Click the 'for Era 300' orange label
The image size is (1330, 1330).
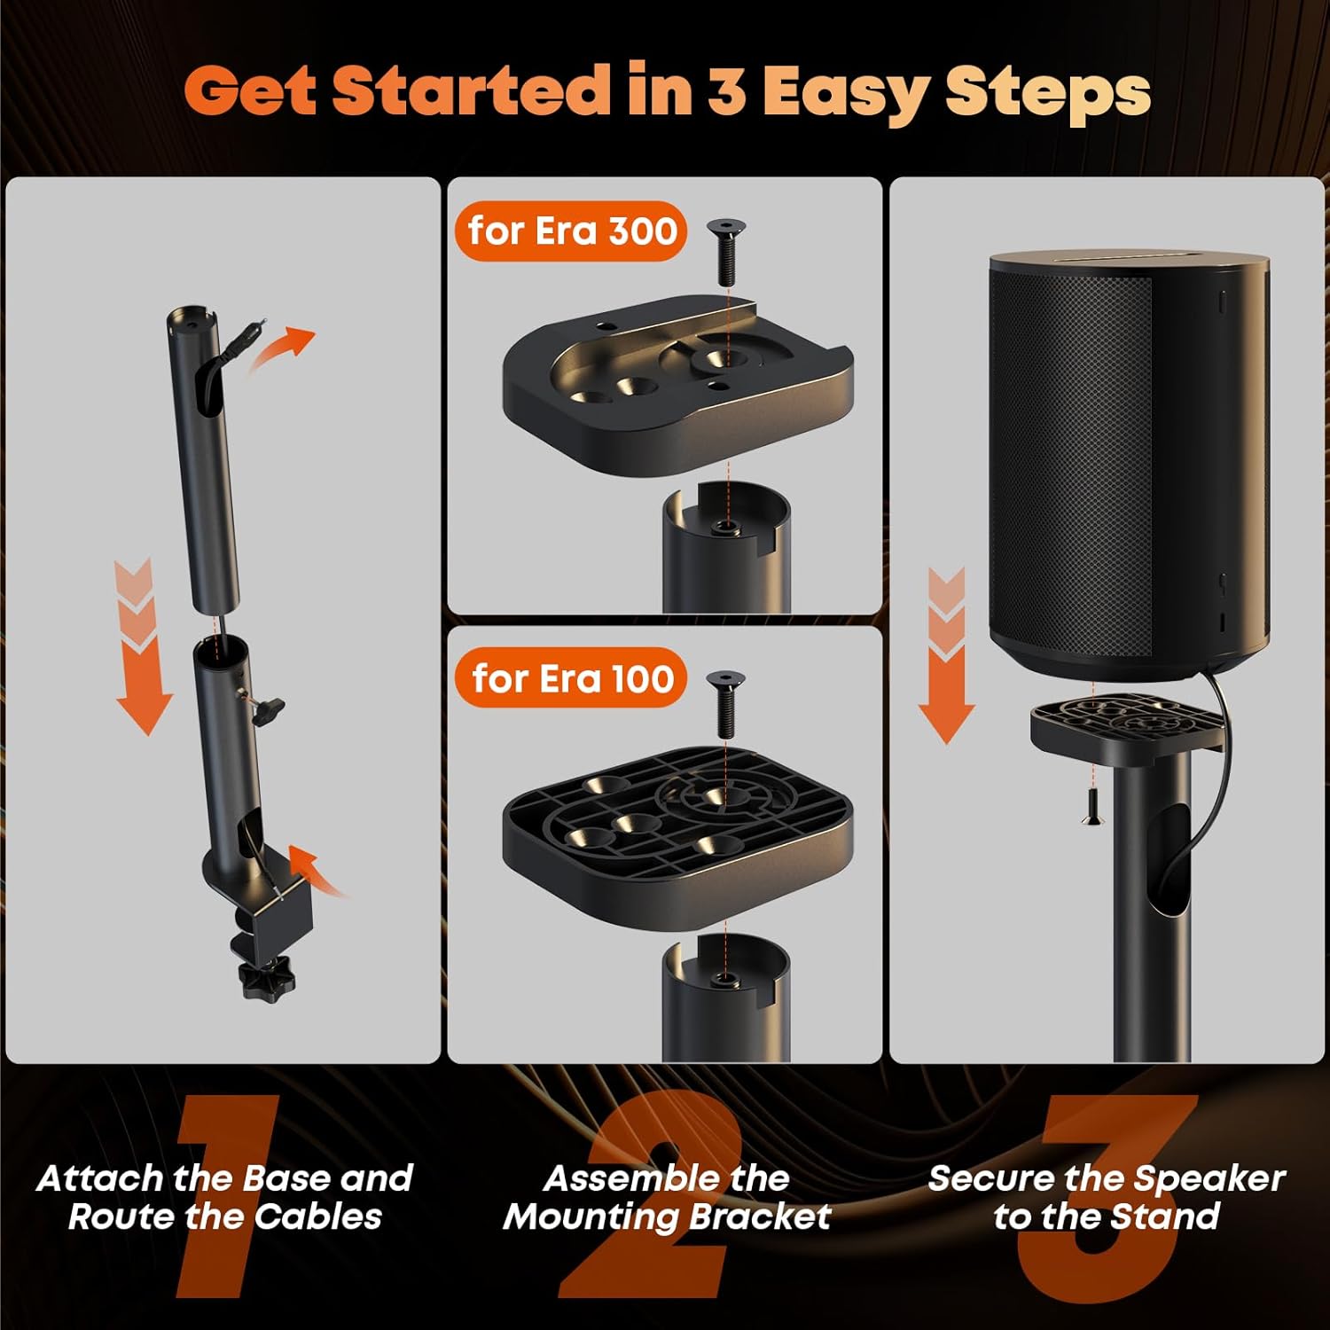pyautogui.click(x=571, y=231)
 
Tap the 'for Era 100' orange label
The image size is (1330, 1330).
pyautogui.click(x=571, y=679)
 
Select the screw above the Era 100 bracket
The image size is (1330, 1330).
pyautogui.click(x=725, y=702)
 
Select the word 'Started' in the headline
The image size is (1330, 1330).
pyautogui.click(x=471, y=92)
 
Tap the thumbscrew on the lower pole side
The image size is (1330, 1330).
pyautogui.click(x=266, y=708)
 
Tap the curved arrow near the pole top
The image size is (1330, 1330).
pyautogui.click(x=282, y=348)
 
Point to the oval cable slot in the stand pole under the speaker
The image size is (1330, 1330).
pyautogui.click(x=1169, y=860)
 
